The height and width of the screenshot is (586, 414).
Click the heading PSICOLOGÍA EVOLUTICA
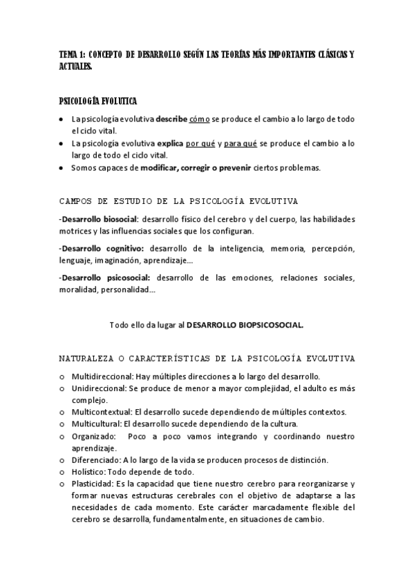(97, 101)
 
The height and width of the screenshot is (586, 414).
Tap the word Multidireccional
(100, 377)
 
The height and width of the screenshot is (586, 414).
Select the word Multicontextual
(101, 412)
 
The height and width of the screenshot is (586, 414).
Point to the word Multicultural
(96, 424)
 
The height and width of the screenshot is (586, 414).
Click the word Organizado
(91, 436)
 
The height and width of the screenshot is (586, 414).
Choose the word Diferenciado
(95, 460)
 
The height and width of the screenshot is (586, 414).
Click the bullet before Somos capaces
(62, 168)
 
